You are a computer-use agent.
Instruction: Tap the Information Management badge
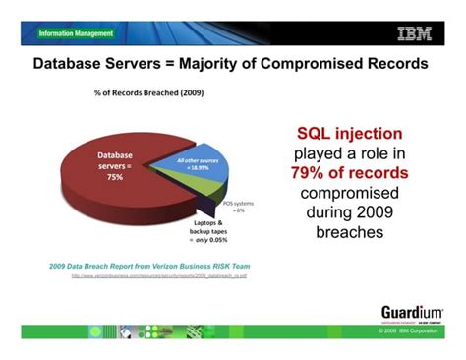click(77, 33)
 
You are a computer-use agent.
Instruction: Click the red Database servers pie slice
click(98, 192)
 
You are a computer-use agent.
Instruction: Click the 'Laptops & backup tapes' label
click(207, 227)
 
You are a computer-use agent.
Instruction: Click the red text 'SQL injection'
click(350, 134)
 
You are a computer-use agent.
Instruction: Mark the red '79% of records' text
click(350, 173)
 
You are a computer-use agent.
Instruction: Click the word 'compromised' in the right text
click(350, 193)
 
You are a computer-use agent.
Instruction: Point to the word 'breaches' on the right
click(350, 233)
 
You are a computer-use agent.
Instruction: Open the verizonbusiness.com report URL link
click(157, 278)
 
